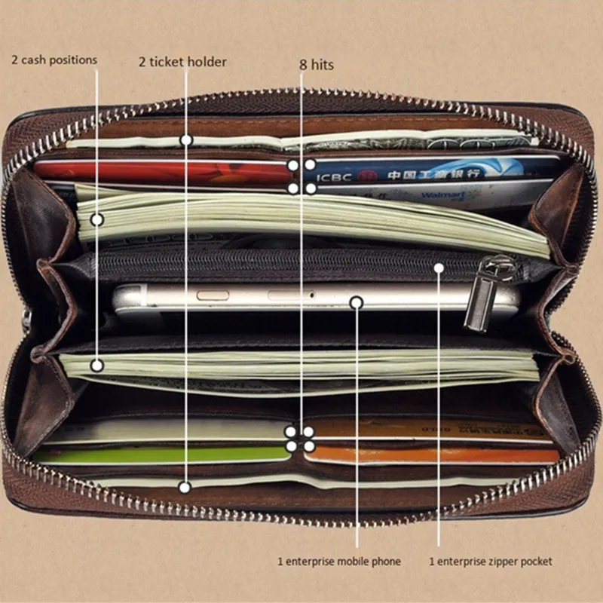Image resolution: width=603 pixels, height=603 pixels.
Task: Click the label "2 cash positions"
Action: coord(54,60)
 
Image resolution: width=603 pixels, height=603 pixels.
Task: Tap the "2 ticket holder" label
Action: coord(182,62)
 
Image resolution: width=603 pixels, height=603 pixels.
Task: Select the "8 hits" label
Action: coord(317,65)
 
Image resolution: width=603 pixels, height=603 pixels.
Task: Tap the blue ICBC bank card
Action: coord(437,170)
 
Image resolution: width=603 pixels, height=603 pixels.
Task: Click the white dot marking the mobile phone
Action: coord(357,302)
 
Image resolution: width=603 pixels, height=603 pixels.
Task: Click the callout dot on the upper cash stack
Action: coord(97,219)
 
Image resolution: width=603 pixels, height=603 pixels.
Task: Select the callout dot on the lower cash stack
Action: coord(97,365)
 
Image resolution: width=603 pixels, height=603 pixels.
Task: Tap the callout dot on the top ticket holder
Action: coord(186,140)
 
